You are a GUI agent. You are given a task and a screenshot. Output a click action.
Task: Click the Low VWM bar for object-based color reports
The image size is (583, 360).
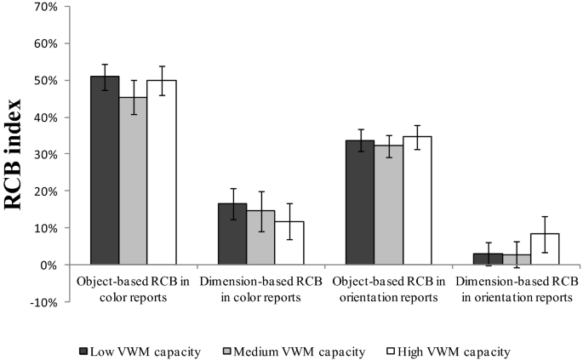point(105,170)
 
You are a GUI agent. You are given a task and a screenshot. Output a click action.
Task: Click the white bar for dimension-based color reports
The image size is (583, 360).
point(289,243)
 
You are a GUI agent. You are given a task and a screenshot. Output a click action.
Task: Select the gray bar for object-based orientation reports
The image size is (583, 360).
point(388,205)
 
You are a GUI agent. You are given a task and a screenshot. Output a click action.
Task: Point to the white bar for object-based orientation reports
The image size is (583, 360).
point(417,201)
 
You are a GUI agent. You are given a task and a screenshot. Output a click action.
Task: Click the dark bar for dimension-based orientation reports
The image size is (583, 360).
point(488,259)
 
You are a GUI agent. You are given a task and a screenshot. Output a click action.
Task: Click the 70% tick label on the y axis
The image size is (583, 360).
point(44,7)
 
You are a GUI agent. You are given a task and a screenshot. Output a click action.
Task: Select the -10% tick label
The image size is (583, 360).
point(42,302)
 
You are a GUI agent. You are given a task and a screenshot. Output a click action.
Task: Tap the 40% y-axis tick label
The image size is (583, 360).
point(44,117)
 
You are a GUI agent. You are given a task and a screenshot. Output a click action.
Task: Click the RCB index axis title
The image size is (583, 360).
point(15,153)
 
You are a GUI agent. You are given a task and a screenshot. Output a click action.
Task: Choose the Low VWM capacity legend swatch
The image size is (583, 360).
point(83,351)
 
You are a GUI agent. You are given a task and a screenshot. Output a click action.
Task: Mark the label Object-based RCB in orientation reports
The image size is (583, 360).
point(388,289)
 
